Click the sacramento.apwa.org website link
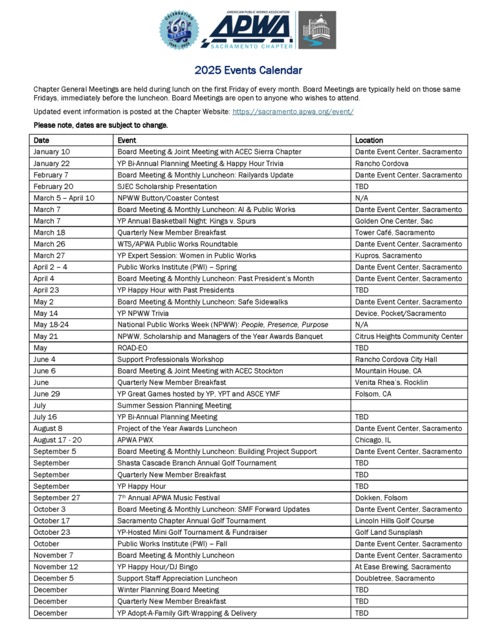click(293, 112)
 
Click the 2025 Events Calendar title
click(248, 71)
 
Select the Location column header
click(370, 140)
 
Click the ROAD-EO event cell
click(132, 348)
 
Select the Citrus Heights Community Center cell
click(409, 336)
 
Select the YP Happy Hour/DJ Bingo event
click(157, 567)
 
